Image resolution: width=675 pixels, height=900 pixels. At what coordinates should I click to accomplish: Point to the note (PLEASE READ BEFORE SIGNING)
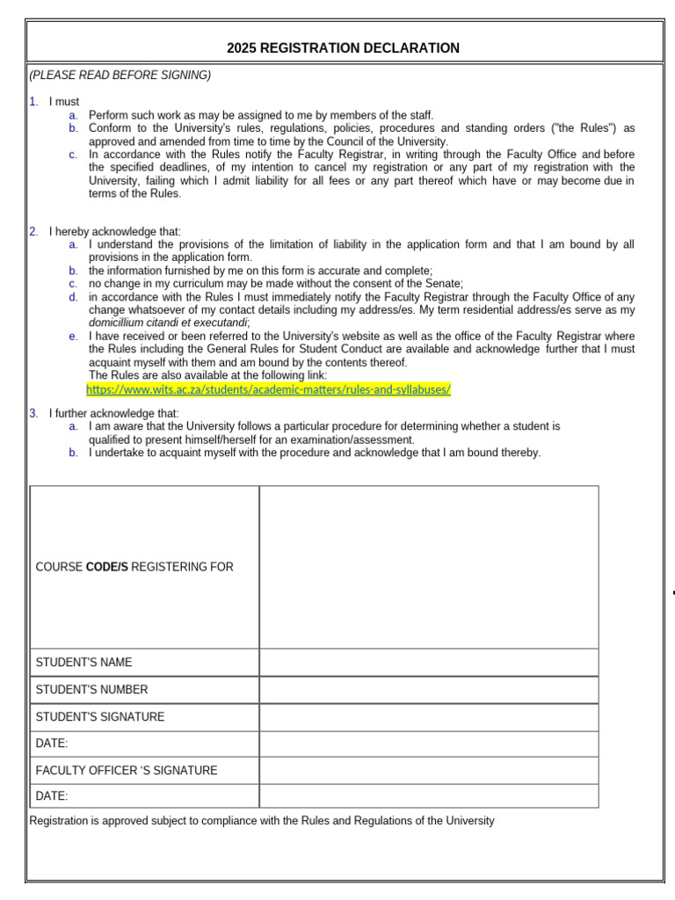click(x=120, y=76)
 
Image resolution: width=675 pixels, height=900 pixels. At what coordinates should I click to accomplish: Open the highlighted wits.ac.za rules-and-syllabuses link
click(x=268, y=388)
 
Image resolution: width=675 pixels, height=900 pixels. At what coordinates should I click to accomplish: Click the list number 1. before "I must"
click(x=33, y=102)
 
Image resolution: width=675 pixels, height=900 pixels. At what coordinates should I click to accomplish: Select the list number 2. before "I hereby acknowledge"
click(x=33, y=231)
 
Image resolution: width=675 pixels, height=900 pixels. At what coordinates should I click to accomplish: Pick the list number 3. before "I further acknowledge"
click(x=33, y=413)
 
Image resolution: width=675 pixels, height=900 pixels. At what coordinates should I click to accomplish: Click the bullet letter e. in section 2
click(x=74, y=337)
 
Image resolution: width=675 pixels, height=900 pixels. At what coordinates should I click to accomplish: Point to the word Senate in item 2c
click(x=444, y=284)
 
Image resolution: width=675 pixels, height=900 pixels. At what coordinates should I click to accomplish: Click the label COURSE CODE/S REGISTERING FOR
click(x=134, y=567)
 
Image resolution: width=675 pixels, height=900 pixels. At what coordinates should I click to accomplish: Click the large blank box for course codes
click(x=429, y=567)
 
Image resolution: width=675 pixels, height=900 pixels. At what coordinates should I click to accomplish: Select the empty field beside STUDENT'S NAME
click(x=429, y=663)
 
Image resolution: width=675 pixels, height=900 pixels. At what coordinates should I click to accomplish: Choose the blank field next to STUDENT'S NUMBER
click(x=429, y=690)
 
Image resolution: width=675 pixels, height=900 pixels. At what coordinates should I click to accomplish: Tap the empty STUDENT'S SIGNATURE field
click(x=429, y=717)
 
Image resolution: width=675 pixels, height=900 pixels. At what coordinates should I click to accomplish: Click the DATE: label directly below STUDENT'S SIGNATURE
click(x=52, y=744)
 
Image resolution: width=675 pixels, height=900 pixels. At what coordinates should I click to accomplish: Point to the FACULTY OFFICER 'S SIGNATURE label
click(x=127, y=771)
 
